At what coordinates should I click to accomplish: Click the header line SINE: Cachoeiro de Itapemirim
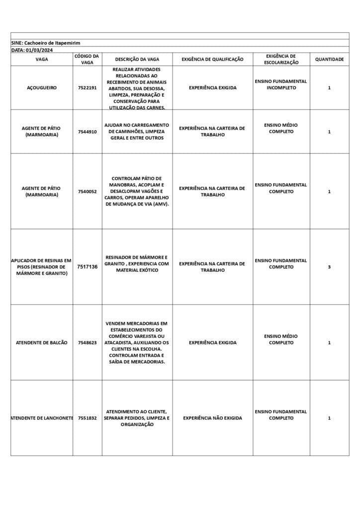[46, 43]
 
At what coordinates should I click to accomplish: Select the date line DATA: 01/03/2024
[32, 50]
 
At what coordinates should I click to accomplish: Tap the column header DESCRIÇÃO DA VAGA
[137, 59]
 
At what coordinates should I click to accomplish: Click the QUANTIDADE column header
[329, 59]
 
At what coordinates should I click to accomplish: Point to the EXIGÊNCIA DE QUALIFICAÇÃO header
[212, 59]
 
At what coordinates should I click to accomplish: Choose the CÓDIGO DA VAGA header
[87, 59]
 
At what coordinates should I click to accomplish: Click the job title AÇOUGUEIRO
[42, 87]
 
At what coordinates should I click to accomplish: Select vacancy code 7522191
[87, 87]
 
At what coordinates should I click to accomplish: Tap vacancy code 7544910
[87, 132]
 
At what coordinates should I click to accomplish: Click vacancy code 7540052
[87, 191]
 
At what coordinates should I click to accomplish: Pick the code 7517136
[87, 267]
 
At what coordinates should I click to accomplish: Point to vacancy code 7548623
[87, 342]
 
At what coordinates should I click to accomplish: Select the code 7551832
[87, 418]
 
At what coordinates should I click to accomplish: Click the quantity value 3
[329, 267]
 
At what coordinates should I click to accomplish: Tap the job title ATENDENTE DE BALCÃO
[42, 342]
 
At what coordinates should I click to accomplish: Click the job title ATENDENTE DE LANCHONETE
[42, 418]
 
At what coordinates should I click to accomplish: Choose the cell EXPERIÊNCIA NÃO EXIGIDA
[212, 418]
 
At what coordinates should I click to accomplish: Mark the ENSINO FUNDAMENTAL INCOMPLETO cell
[281, 85]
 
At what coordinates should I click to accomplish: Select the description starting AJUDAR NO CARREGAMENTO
[137, 131]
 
